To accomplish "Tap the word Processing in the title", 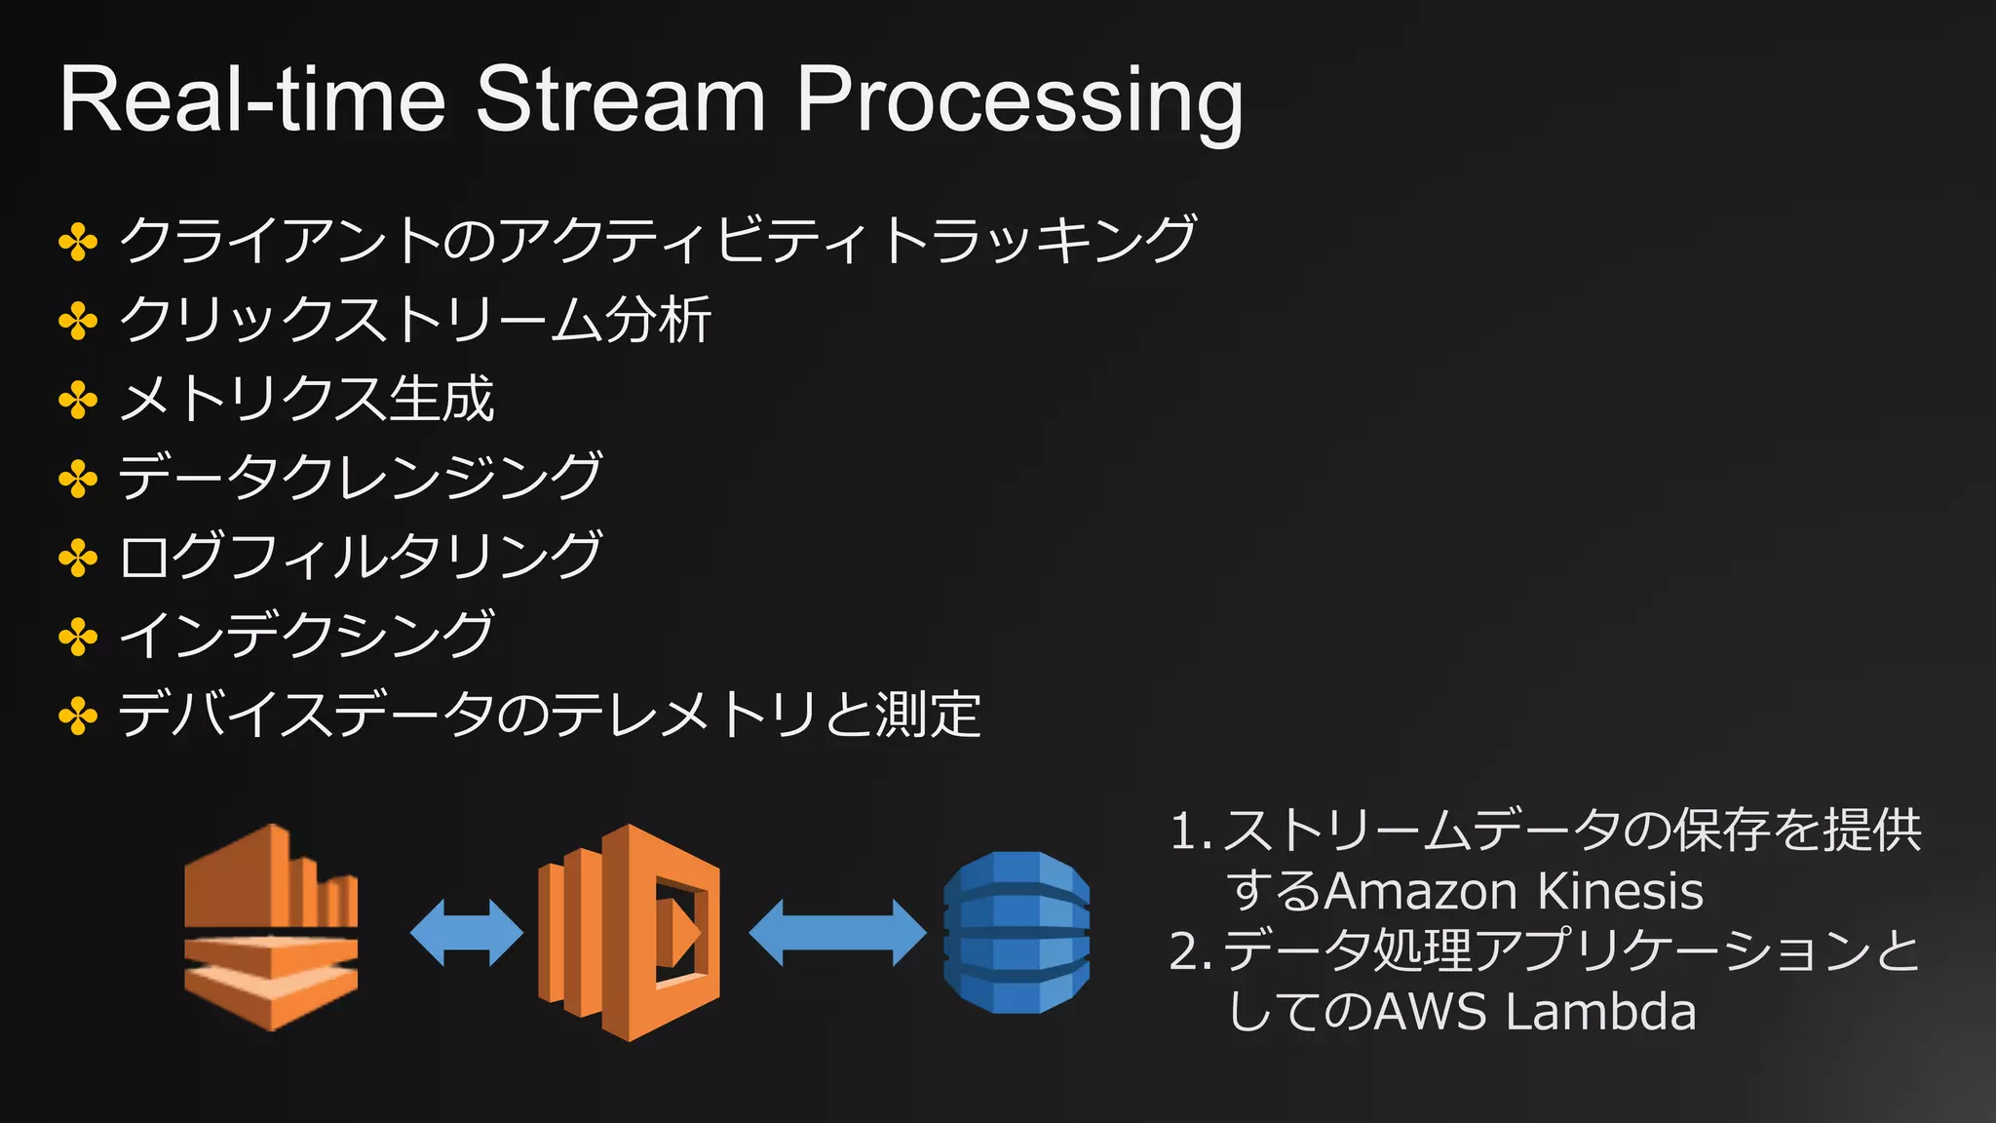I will click(1019, 102).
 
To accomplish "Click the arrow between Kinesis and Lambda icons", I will click(466, 933).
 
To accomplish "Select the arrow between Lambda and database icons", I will click(837, 933).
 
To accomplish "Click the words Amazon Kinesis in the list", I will click(1514, 891).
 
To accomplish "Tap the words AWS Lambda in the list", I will click(1536, 1011).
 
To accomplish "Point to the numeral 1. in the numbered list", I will click(1190, 832).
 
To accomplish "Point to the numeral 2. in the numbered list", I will click(1190, 951).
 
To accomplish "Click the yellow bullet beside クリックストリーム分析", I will click(78, 321).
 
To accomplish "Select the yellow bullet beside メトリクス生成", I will click(78, 400).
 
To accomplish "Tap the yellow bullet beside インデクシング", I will click(78, 638).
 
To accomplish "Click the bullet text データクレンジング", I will click(360, 478).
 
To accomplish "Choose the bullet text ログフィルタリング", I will click(360, 557).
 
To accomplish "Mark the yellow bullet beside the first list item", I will click(78, 241).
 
